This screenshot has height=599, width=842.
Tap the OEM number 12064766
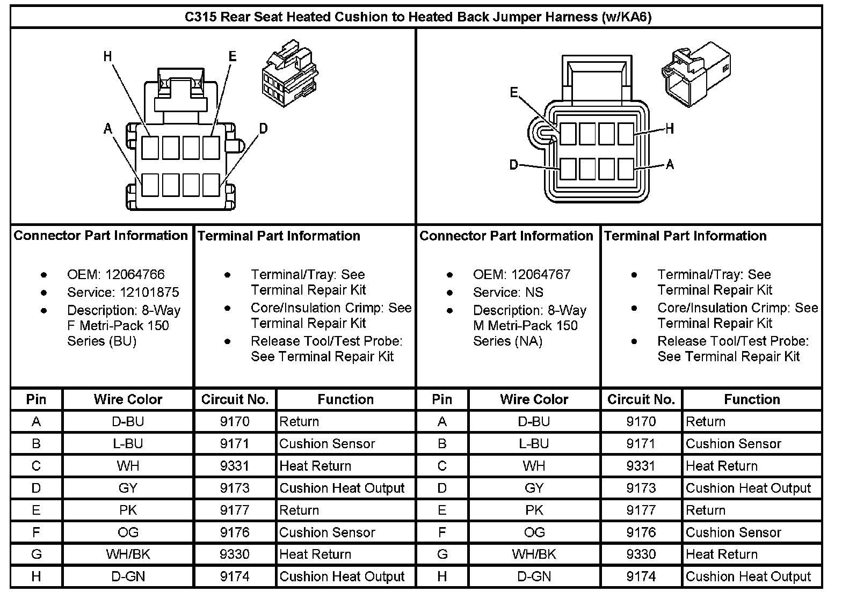(x=135, y=275)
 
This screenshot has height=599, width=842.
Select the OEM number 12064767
(x=541, y=275)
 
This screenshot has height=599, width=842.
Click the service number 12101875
(x=142, y=293)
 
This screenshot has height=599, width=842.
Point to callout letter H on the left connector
(x=108, y=56)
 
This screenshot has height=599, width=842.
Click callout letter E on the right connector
(x=514, y=93)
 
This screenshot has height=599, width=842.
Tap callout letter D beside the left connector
(x=263, y=128)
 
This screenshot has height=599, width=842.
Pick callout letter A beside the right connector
(x=670, y=164)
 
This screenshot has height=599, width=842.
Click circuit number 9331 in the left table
(x=235, y=466)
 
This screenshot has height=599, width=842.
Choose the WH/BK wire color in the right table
(x=534, y=554)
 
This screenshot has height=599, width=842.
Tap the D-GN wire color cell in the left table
(x=128, y=576)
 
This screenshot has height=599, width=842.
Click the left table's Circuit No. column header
(x=235, y=399)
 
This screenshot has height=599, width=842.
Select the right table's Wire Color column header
(x=534, y=399)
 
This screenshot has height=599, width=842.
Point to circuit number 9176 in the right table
(x=641, y=532)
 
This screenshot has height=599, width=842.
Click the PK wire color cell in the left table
(x=128, y=510)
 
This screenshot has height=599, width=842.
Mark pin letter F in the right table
(x=442, y=532)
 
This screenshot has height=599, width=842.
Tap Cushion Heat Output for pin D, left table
(x=342, y=488)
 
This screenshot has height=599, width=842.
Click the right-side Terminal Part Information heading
(x=685, y=236)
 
